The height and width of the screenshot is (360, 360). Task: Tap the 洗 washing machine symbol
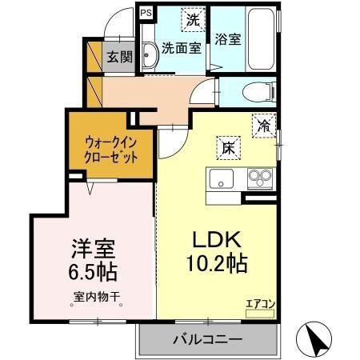coord(193,18)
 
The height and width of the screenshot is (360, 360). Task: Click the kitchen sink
coord(222,177)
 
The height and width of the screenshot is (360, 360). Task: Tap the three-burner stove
coord(258,176)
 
